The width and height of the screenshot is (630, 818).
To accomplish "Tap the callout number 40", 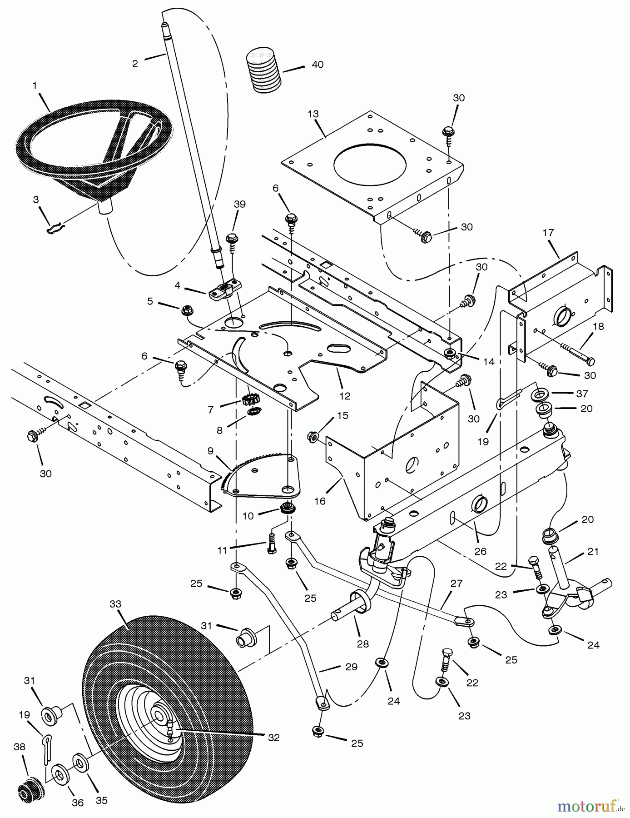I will [317, 65].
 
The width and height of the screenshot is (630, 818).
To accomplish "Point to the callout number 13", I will [313, 114].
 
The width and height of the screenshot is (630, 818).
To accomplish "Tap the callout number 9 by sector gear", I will [210, 451].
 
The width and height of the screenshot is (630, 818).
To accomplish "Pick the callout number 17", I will [548, 233].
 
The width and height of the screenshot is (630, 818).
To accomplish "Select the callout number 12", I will [345, 396].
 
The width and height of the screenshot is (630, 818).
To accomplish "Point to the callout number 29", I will [351, 667].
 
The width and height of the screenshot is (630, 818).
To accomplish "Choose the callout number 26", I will [480, 551].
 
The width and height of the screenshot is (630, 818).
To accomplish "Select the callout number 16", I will [319, 501].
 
